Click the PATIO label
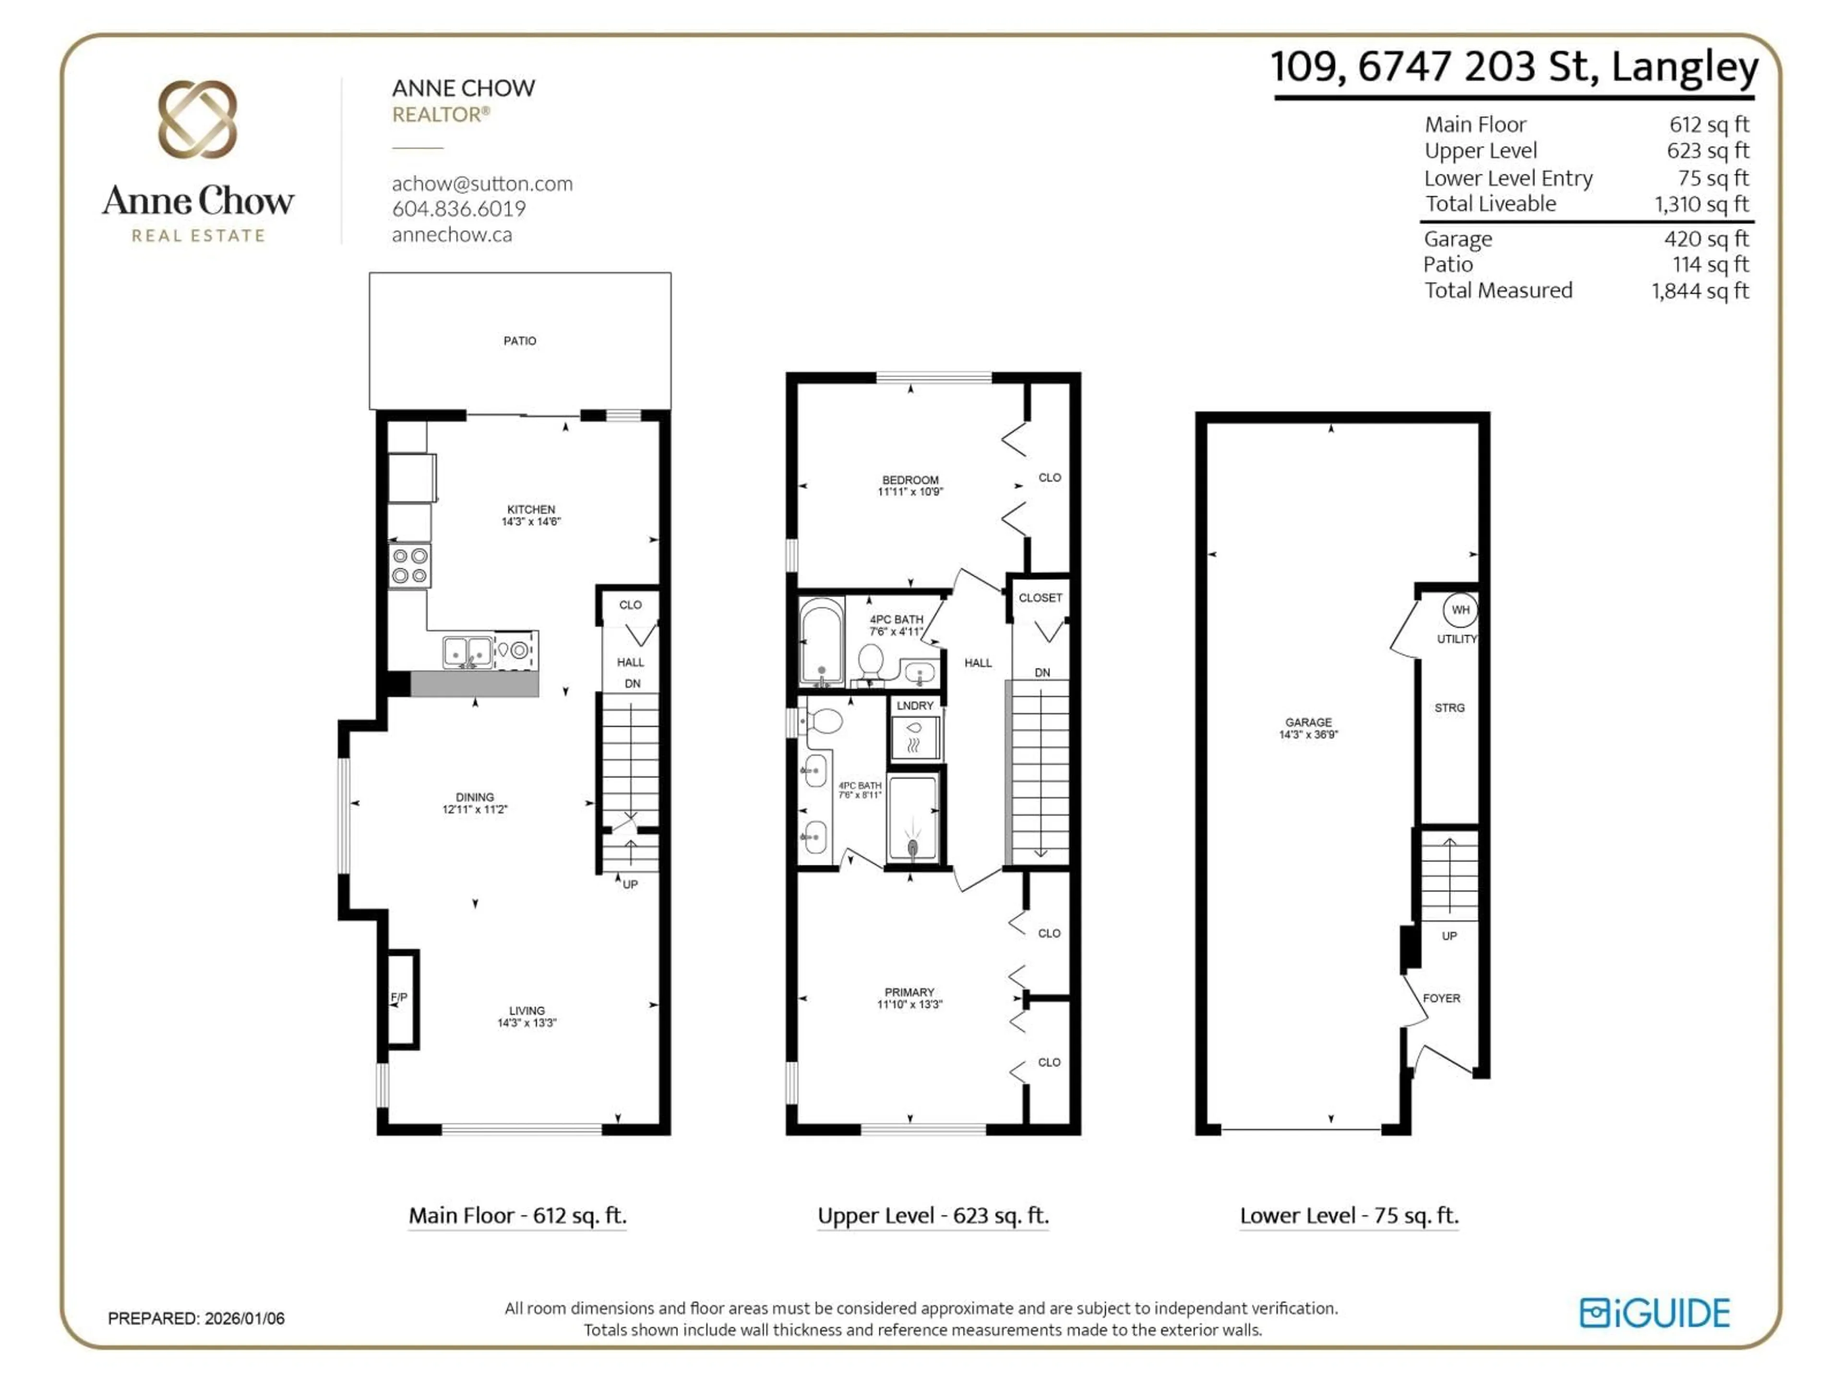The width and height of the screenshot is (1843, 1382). pyautogui.click(x=519, y=341)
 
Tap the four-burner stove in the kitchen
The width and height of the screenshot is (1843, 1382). pyautogui.click(x=409, y=566)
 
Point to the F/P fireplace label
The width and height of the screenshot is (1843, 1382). pyautogui.click(x=399, y=997)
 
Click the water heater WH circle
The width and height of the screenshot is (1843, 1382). pyautogui.click(x=1460, y=610)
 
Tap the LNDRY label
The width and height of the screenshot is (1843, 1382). pyautogui.click(x=915, y=705)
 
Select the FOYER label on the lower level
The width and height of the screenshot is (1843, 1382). pyautogui.click(x=1441, y=998)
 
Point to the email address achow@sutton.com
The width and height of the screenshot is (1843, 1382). pyautogui.click(x=482, y=183)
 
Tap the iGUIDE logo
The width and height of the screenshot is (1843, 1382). pyautogui.click(x=1655, y=1313)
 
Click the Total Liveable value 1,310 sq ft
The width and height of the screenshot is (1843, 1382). pyautogui.click(x=1701, y=204)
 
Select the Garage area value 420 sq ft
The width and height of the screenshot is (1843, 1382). pyautogui.click(x=1706, y=239)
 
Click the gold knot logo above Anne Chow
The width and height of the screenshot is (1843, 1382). pyautogui.click(x=197, y=119)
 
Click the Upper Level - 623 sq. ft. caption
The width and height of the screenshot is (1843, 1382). pyautogui.click(x=933, y=1216)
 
